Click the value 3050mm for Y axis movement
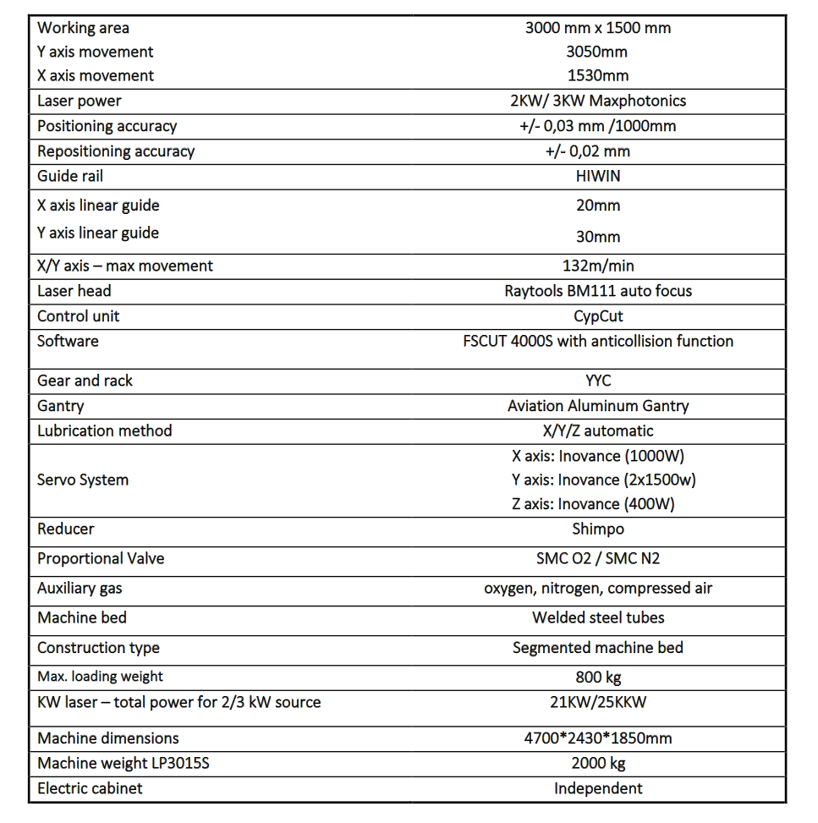tap(597, 52)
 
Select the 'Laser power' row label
tap(80, 102)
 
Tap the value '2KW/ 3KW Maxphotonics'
tap(598, 102)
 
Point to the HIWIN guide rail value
tap(598, 176)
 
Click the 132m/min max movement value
tap(598, 266)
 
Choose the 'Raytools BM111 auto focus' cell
tap(598, 291)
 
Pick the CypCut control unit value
tap(598, 316)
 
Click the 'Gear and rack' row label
tap(85, 381)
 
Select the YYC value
tap(598, 381)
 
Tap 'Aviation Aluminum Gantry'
tap(598, 406)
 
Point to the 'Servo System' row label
tap(83, 480)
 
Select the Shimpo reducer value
tap(598, 529)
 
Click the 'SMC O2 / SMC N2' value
tap(598, 559)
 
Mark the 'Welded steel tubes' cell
tap(598, 617)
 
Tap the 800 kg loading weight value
tap(598, 677)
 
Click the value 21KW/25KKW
tap(598, 702)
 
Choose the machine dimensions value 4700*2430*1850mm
tap(598, 738)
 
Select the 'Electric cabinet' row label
tap(90, 788)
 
